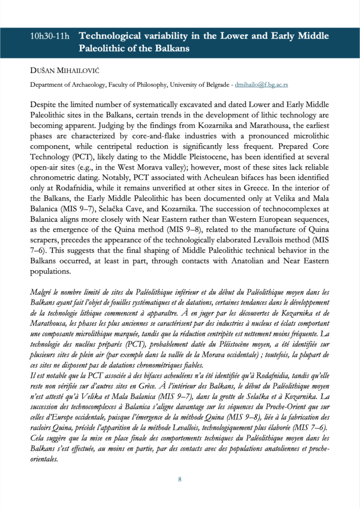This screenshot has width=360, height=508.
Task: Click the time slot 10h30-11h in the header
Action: pyautogui.click(x=50, y=37)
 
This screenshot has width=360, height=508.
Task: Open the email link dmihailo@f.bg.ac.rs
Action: pyautogui.click(x=261, y=85)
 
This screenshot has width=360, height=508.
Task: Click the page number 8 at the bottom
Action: pyautogui.click(x=180, y=479)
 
